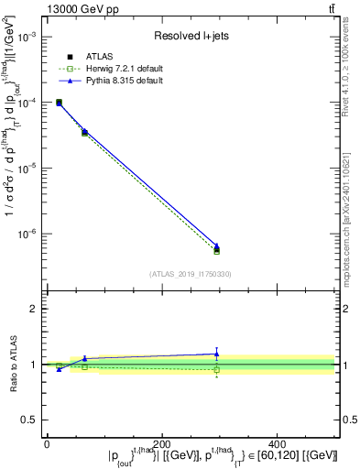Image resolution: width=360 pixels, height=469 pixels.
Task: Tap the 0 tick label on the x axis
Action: (x=47, y=443)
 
